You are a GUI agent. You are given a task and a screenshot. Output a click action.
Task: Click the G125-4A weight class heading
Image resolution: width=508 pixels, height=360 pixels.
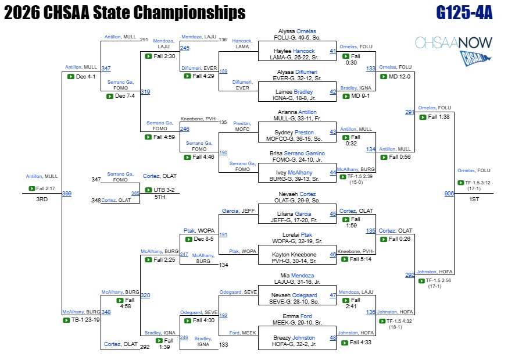(x=464, y=13)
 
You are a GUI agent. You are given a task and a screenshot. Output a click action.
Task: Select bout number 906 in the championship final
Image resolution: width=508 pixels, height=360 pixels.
(x=449, y=194)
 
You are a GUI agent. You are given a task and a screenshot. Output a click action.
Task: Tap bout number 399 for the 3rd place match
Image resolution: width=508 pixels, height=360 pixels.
(x=67, y=194)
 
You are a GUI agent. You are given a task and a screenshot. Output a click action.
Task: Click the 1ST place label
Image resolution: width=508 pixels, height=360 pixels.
(x=474, y=199)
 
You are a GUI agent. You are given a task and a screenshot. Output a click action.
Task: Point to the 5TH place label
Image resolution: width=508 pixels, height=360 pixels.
(x=160, y=197)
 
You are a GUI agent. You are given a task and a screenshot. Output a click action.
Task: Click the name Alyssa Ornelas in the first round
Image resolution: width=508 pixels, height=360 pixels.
(x=297, y=31)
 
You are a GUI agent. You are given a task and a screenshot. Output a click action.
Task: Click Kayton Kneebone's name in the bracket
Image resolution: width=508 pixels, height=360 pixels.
(x=294, y=254)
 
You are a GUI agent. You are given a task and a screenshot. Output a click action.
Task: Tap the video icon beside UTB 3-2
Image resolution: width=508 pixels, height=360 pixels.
(x=148, y=190)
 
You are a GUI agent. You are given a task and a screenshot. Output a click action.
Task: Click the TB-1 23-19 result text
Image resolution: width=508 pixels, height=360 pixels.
(x=85, y=320)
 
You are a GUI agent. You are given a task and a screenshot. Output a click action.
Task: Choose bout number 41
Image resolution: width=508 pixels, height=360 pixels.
(x=332, y=51)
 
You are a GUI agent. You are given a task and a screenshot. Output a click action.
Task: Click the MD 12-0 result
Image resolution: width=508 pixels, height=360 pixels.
(x=399, y=76)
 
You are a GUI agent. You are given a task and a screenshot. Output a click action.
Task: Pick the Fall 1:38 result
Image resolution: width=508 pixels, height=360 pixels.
(x=439, y=117)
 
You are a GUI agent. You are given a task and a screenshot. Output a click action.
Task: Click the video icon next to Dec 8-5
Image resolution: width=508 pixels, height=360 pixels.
(x=188, y=239)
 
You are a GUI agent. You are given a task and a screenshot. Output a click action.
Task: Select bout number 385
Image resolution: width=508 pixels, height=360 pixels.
(x=135, y=194)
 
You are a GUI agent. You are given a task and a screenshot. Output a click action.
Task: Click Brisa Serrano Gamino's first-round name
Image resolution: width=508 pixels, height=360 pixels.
(x=297, y=154)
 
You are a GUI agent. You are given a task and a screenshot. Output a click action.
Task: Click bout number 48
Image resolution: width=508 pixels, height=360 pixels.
(x=332, y=338)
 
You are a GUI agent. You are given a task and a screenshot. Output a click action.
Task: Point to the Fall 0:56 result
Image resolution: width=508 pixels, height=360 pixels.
(x=399, y=157)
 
